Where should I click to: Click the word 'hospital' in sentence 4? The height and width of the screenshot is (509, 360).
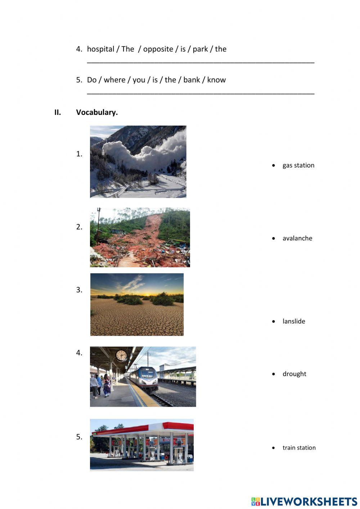[100, 49]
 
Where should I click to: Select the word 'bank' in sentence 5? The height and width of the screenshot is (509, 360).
[192, 80]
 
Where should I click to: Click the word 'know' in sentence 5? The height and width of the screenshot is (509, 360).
[216, 80]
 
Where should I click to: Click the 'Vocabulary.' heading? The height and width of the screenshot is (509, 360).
[97, 112]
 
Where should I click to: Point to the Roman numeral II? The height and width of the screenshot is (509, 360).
[58, 112]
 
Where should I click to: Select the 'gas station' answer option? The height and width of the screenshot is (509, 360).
[298, 165]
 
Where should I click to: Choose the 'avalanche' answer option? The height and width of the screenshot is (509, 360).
[297, 238]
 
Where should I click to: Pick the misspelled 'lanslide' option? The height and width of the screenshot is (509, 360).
[294, 321]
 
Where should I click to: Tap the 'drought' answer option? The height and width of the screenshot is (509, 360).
[294, 374]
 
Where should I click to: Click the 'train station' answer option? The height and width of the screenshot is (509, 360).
[299, 448]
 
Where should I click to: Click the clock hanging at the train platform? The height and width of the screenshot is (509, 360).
[121, 356]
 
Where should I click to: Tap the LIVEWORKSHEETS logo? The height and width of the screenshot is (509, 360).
[304, 501]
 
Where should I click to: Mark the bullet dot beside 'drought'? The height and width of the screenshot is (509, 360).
[274, 374]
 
